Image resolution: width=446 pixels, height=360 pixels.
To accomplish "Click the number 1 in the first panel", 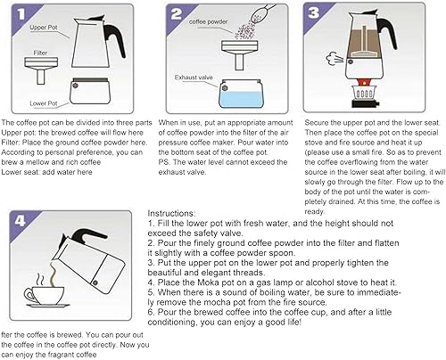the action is click(21, 14).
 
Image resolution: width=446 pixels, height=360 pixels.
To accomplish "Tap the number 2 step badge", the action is click(177, 14).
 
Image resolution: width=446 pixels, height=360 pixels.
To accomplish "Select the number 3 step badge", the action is click(313, 12).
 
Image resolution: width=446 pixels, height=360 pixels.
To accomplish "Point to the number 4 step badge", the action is click(20, 221).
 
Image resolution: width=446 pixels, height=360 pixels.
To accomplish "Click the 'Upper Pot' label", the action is click(44, 28).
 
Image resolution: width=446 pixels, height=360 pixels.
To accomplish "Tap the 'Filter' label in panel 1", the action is click(40, 53).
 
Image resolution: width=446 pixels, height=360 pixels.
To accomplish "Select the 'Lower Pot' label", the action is click(44, 103).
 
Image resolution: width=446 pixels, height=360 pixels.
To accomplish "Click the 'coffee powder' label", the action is click(208, 21).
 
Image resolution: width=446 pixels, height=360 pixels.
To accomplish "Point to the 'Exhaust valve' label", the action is click(194, 78).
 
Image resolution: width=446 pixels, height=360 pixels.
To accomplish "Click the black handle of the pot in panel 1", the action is click(114, 37).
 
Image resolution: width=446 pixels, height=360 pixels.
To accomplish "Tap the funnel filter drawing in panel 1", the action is click(41, 70).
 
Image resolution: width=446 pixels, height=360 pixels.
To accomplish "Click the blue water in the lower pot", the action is click(241, 99).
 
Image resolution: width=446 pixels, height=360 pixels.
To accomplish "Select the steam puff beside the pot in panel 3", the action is click(334, 58).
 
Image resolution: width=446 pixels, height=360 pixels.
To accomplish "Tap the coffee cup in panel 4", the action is click(45, 295).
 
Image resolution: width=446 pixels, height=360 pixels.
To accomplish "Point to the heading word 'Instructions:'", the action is click(171, 213).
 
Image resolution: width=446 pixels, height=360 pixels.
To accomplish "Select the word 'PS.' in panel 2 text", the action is click(164, 162).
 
